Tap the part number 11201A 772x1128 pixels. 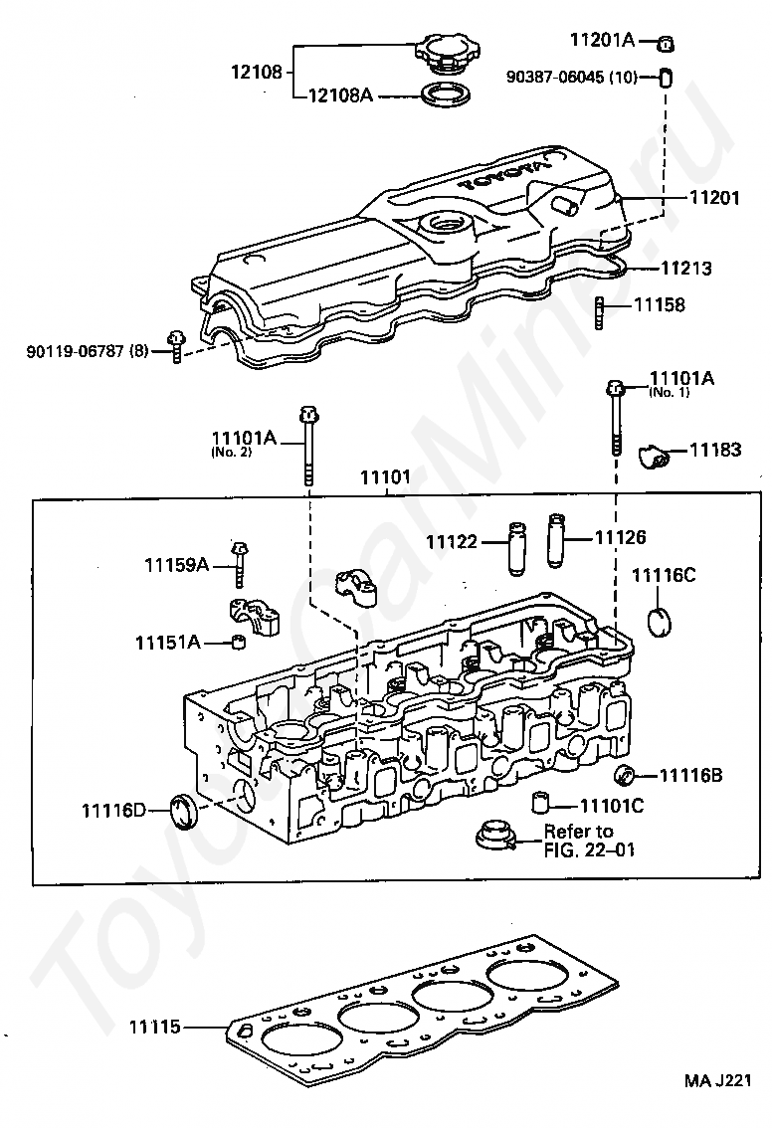coord(602,40)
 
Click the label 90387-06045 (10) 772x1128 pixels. coord(571,77)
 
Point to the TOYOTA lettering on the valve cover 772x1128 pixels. coord(503,173)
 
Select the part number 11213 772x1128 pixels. coord(686,269)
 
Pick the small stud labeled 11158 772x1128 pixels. coord(599,313)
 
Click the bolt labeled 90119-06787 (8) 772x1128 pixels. coord(175,346)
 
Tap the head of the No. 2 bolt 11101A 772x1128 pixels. coord(307,415)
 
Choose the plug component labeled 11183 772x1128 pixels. coord(654,456)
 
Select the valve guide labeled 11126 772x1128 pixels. coord(555,540)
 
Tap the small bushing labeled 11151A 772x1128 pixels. coord(238,641)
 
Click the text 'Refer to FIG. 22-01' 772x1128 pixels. coord(589,841)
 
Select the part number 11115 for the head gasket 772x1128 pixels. coord(154,1027)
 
